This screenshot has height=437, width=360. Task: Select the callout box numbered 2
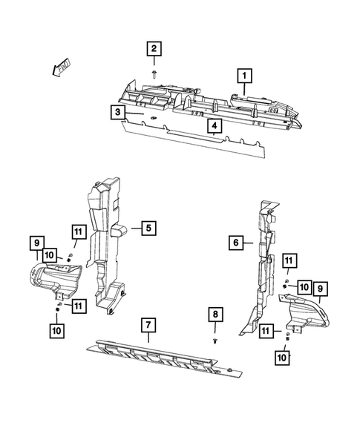(x=154, y=50)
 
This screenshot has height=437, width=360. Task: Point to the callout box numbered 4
(x=214, y=127)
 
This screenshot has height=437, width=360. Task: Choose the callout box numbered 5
(x=148, y=228)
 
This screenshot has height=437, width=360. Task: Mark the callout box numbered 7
(x=148, y=324)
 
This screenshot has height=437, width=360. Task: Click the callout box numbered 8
(x=214, y=315)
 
